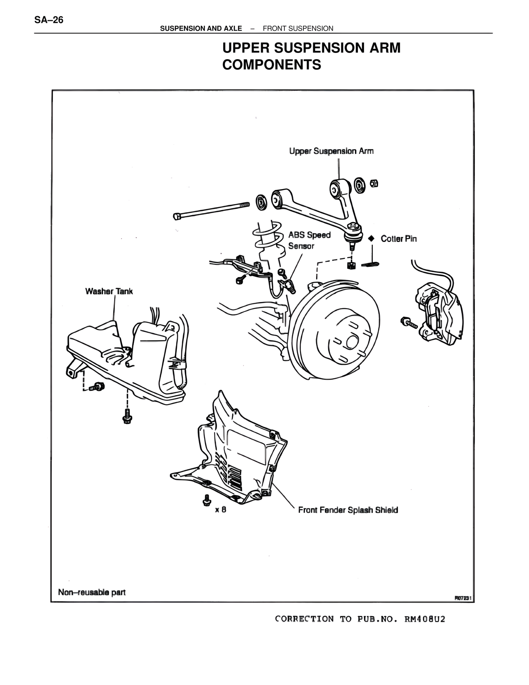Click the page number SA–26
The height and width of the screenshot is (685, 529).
pyautogui.click(x=49, y=20)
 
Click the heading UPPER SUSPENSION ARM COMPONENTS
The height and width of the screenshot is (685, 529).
pyautogui.click(x=311, y=56)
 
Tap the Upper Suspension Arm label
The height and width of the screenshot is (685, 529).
pyautogui.click(x=331, y=151)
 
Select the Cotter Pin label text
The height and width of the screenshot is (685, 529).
pyautogui.click(x=398, y=239)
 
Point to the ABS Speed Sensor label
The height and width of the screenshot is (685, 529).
pyautogui.click(x=309, y=240)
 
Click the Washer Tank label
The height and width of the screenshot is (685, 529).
pyautogui.click(x=109, y=291)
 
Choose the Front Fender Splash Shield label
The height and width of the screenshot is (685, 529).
pyautogui.click(x=348, y=510)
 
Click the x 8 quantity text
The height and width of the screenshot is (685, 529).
pyautogui.click(x=221, y=510)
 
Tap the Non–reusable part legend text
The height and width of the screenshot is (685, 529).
pyautogui.click(x=92, y=592)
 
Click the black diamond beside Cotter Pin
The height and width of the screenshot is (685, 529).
pyautogui.click(x=371, y=238)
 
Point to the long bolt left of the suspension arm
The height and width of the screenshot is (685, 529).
pyautogui.click(x=211, y=210)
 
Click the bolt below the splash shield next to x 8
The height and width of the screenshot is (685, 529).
pyautogui.click(x=206, y=500)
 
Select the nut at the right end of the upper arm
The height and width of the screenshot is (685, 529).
pyautogui.click(x=374, y=183)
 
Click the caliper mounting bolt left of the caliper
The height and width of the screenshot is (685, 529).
pyautogui.click(x=407, y=321)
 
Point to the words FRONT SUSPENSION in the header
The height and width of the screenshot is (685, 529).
pyautogui.click(x=298, y=29)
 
